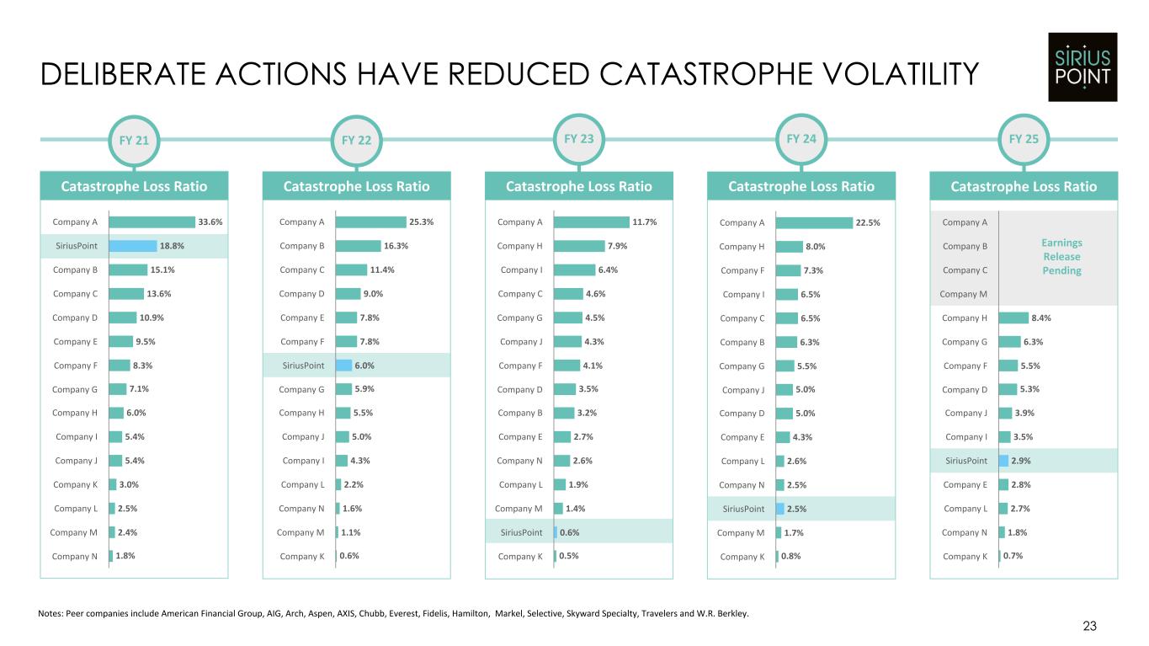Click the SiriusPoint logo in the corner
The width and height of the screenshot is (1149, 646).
pyautogui.click(x=1082, y=67)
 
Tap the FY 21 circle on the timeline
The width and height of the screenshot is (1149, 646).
pyautogui.click(x=135, y=140)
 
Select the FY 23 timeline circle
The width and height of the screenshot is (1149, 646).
pyautogui.click(x=579, y=138)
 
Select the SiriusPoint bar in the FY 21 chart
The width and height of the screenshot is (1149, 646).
pyautogui.click(x=133, y=246)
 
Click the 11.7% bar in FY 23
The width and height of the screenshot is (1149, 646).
pyautogui.click(x=591, y=222)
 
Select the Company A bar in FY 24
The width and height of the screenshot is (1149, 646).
pyautogui.click(x=814, y=222)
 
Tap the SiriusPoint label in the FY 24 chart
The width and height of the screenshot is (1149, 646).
pyautogui.click(x=743, y=509)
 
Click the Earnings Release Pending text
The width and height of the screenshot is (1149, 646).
pyautogui.click(x=1061, y=256)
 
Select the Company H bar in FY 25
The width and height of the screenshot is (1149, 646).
pyautogui.click(x=1013, y=318)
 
